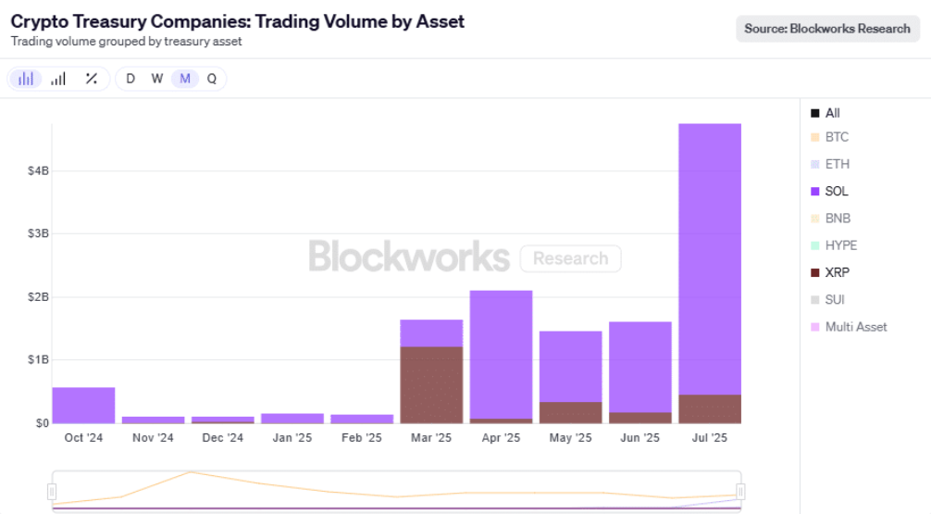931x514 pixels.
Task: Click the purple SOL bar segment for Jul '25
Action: point(710,259)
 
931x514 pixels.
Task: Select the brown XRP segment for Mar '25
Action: point(431,384)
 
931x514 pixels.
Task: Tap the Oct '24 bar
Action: point(83,405)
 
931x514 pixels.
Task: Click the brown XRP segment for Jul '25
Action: point(710,409)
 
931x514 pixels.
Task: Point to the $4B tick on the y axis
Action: point(38,171)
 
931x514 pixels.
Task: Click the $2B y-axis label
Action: point(38,297)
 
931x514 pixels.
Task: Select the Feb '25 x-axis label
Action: point(362,438)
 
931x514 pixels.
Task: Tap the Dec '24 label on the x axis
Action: point(223,438)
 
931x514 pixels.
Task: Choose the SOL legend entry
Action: point(836,192)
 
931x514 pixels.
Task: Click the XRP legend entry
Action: point(837,273)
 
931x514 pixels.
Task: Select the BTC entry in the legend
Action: point(836,137)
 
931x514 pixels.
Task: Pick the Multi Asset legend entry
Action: point(855,327)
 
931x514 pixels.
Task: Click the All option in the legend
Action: point(832,113)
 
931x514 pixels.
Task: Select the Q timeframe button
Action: point(212,79)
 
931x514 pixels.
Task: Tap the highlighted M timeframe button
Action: point(185,79)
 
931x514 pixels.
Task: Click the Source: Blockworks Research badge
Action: point(827,29)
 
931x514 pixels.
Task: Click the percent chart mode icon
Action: point(91,79)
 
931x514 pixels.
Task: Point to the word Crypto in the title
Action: point(38,20)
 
